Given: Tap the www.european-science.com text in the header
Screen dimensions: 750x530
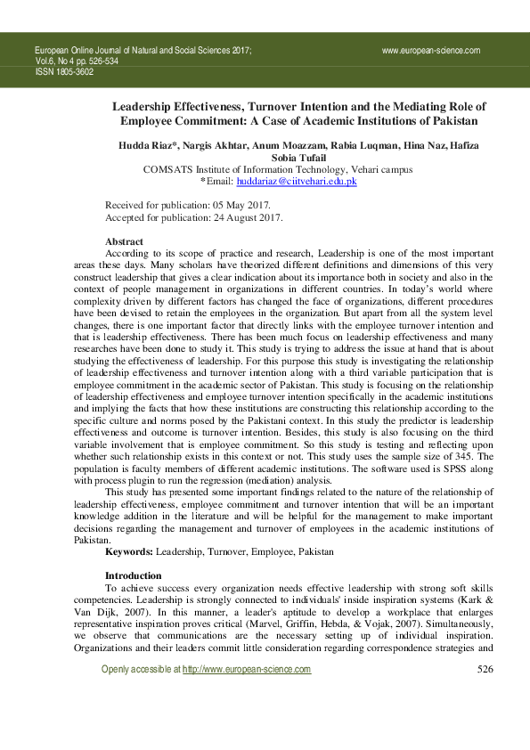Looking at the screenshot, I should click(431, 52).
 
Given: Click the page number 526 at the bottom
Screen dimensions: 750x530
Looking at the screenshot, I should click(485, 669).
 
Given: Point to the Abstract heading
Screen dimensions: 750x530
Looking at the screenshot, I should click(124, 241).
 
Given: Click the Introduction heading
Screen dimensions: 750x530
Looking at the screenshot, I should click(134, 575).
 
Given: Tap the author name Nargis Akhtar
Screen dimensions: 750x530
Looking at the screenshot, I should click(217, 144).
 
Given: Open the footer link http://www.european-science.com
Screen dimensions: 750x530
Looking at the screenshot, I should click(247, 669).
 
